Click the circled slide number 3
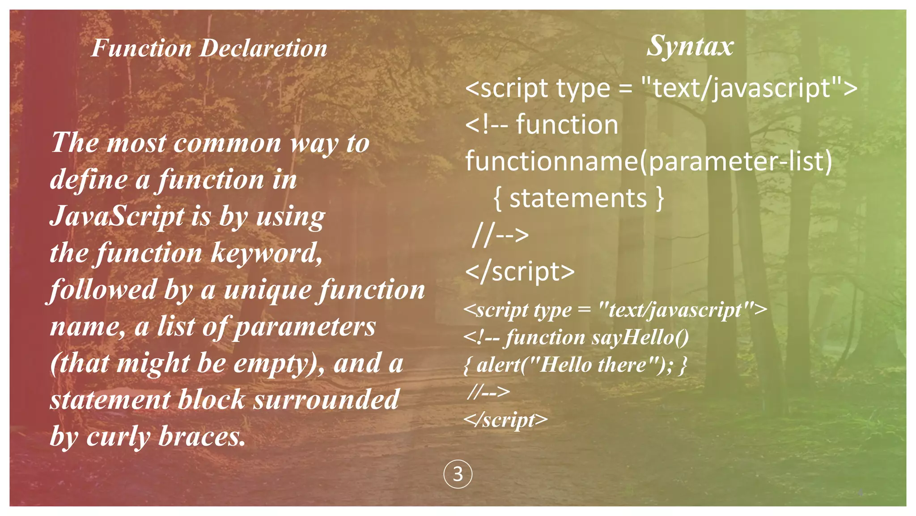click(x=458, y=474)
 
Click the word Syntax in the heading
click(x=690, y=46)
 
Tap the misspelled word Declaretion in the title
click(x=263, y=48)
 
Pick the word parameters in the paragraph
click(x=305, y=327)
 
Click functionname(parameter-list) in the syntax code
click(x=649, y=161)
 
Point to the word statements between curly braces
click(x=578, y=198)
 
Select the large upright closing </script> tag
click(x=520, y=271)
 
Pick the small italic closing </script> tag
click(x=505, y=420)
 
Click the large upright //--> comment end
click(x=500, y=235)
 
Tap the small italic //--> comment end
click(x=488, y=392)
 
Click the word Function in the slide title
click(x=141, y=48)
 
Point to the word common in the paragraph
click(x=228, y=143)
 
